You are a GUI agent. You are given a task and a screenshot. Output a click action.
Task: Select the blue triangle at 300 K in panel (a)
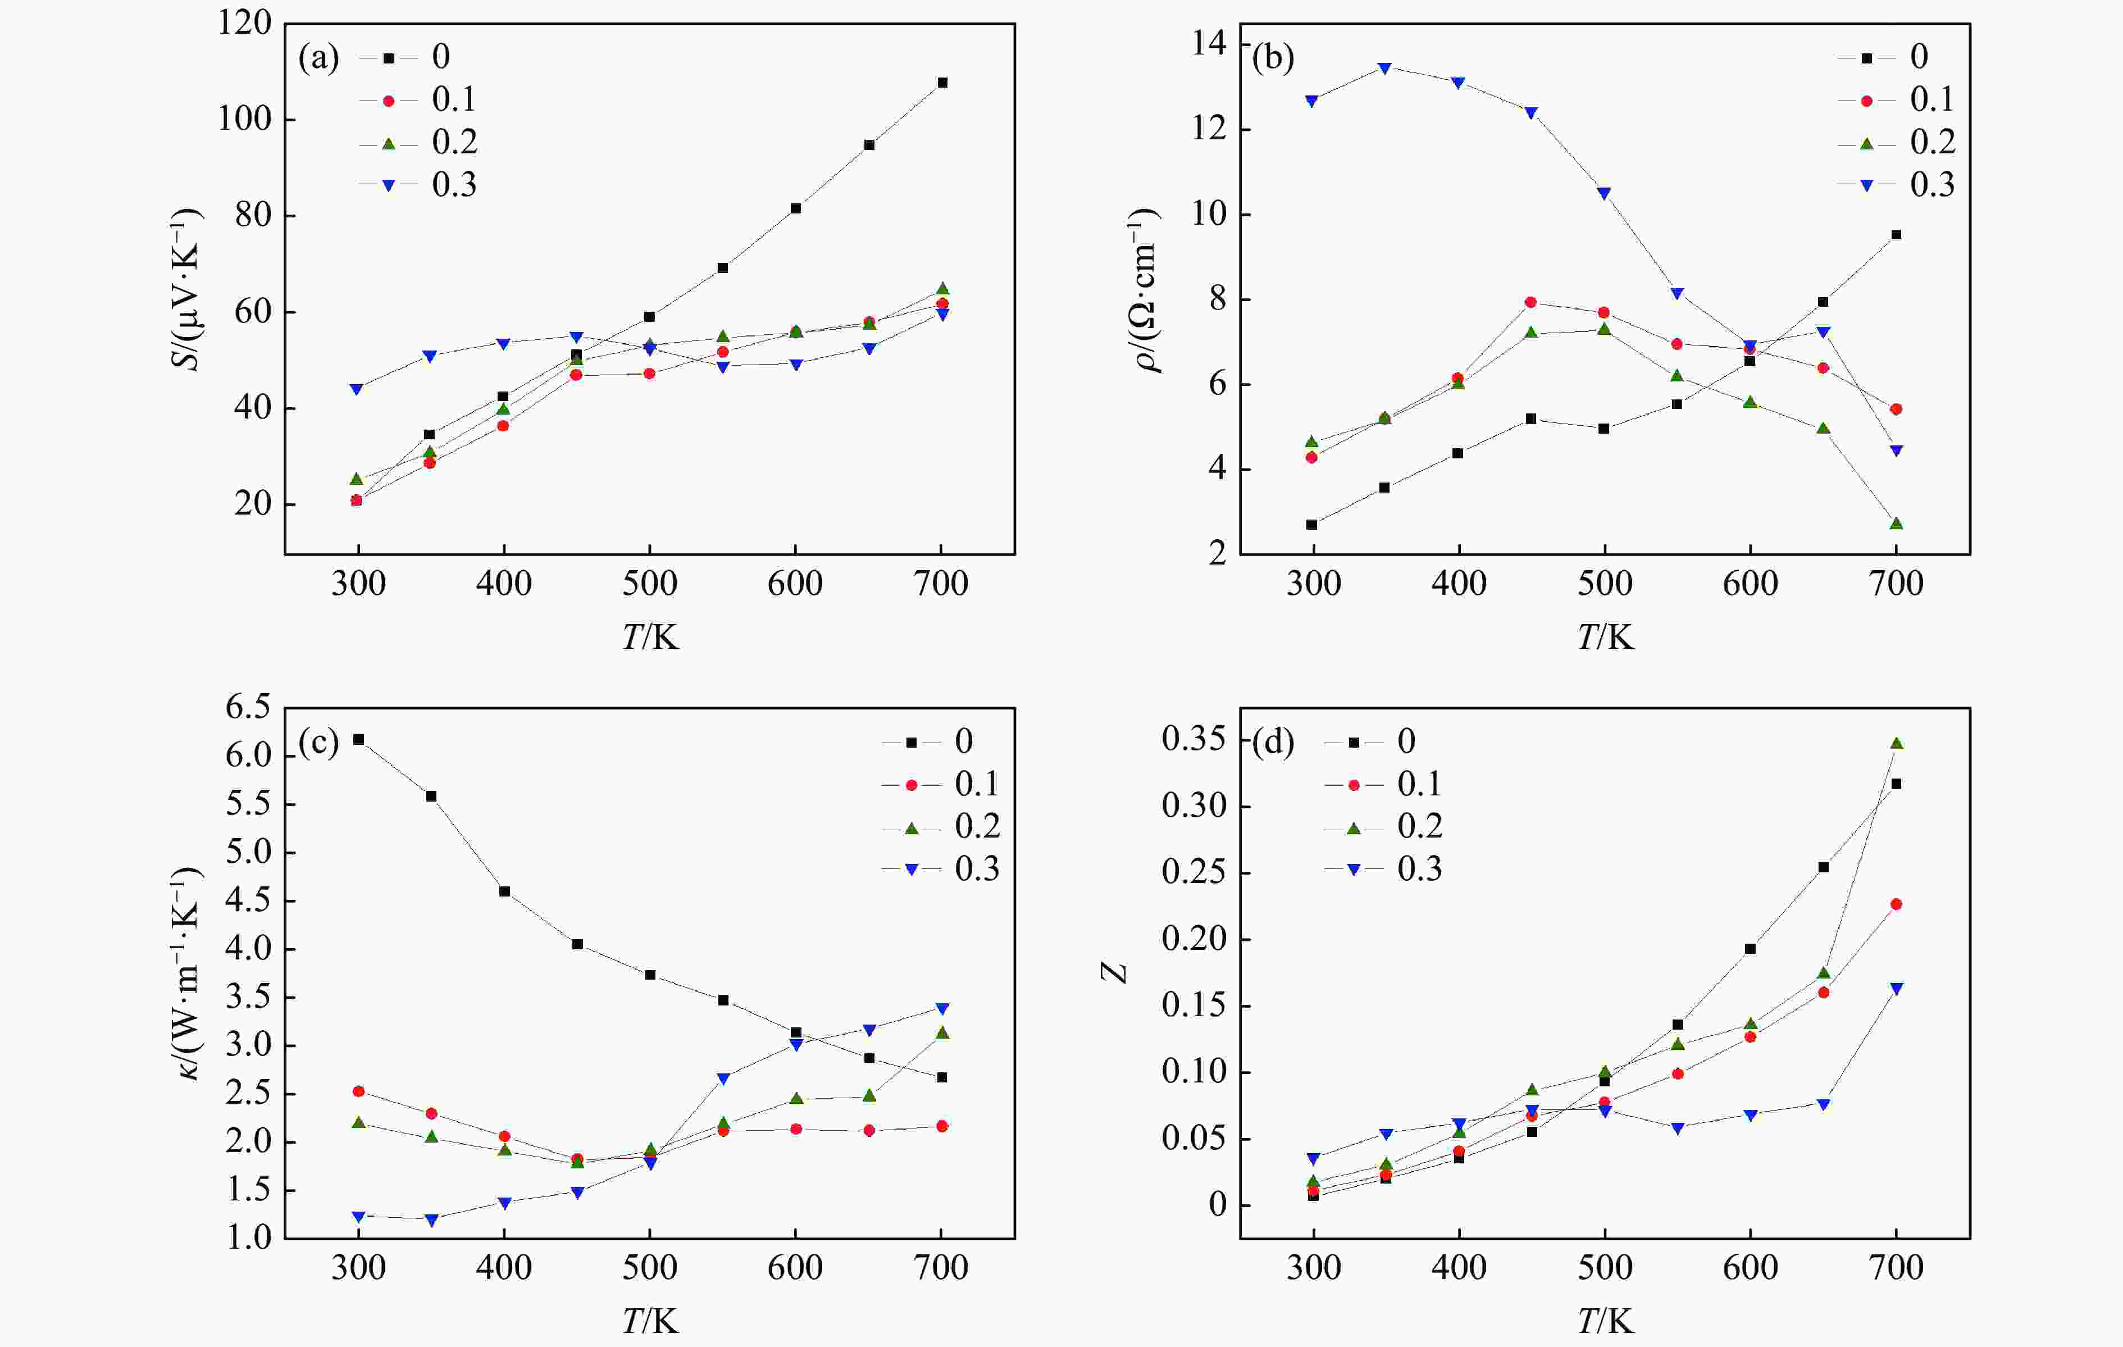coord(357,389)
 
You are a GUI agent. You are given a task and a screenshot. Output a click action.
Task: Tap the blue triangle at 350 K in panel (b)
coord(1384,69)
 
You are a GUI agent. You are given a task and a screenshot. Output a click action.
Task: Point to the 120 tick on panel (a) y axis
coord(244,24)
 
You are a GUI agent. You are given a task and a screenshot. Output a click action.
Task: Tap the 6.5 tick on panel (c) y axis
coord(249,707)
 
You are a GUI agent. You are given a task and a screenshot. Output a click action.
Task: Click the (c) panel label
coord(318,743)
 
